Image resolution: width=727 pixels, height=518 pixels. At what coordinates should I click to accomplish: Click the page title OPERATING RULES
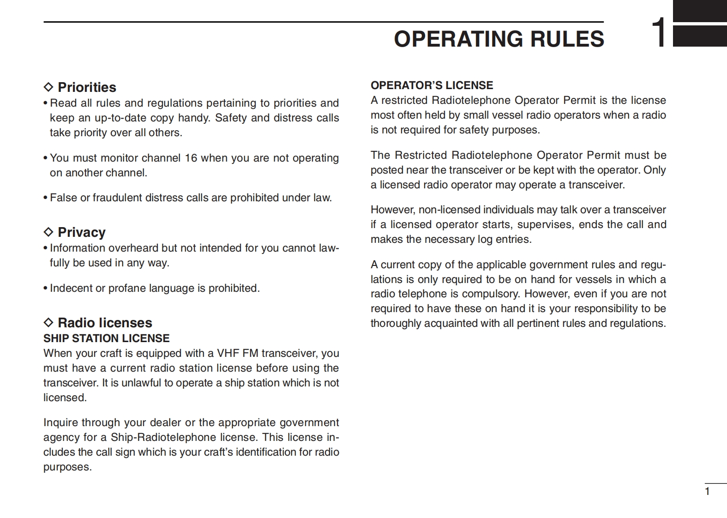[x=499, y=39]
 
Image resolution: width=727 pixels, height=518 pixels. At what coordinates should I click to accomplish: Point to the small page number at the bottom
[x=707, y=492]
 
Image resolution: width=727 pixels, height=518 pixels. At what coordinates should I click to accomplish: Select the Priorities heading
[x=87, y=87]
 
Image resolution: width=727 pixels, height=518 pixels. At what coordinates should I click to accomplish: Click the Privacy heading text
[x=82, y=232]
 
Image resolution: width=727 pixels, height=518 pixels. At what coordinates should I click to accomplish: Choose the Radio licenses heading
[x=105, y=323]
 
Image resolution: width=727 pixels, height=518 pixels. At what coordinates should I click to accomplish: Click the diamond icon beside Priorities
[x=48, y=87]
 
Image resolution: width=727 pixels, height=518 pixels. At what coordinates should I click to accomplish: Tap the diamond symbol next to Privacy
[x=48, y=232]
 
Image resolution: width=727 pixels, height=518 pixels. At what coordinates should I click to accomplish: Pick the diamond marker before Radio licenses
[x=48, y=323]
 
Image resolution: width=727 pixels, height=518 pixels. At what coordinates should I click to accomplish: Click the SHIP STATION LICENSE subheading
[x=107, y=338]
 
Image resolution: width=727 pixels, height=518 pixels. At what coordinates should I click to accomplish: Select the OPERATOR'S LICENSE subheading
[x=432, y=85]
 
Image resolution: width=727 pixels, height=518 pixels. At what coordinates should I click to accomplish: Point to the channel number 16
[x=191, y=158]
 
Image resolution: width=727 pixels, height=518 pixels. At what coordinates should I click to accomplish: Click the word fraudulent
[x=117, y=198]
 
